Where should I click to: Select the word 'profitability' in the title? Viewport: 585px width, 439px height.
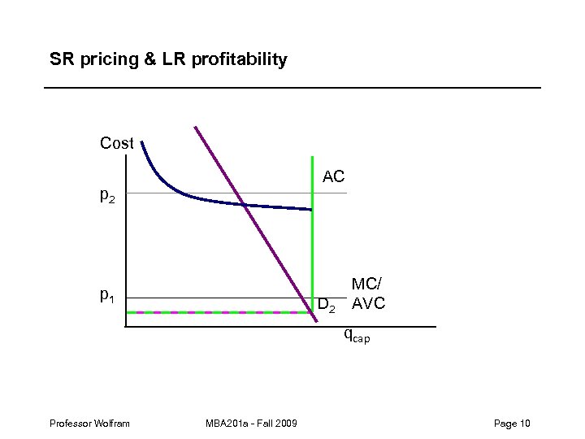point(240,59)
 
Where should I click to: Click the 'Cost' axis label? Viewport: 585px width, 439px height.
point(116,144)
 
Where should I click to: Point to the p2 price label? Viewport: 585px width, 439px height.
point(107,196)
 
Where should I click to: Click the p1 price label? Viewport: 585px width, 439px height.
point(107,298)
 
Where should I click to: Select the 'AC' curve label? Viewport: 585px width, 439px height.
point(334,176)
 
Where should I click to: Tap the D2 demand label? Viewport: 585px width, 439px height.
point(327,306)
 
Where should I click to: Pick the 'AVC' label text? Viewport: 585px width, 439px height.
point(368,305)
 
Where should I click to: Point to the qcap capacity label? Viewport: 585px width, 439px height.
point(356,333)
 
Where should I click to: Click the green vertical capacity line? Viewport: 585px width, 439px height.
point(312,244)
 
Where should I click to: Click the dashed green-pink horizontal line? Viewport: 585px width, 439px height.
point(219,312)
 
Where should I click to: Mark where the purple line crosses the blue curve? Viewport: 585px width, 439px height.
point(243,205)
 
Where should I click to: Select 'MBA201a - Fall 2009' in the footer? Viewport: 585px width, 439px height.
point(252,423)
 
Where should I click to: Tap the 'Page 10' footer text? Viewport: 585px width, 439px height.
point(511,423)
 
